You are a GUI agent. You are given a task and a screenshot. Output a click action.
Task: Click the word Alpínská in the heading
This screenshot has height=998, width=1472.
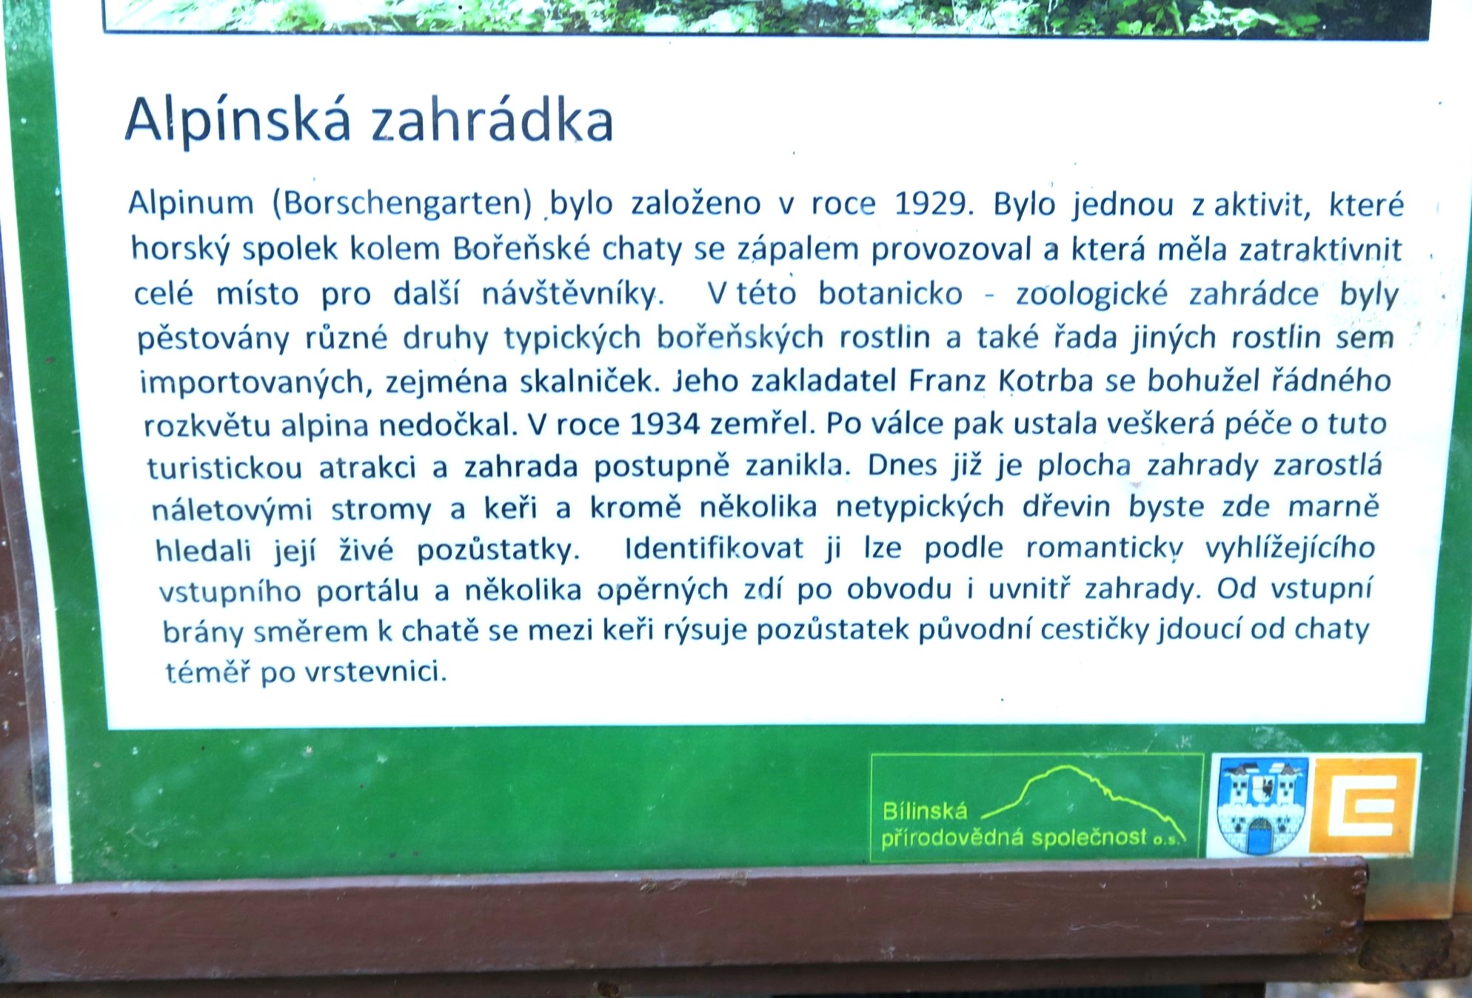(238, 120)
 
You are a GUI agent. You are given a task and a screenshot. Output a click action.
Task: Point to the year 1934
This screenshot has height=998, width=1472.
(664, 424)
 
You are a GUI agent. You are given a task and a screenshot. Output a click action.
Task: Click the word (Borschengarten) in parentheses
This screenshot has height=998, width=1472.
(403, 203)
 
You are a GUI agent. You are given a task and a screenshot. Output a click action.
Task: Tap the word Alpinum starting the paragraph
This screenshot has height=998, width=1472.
(191, 204)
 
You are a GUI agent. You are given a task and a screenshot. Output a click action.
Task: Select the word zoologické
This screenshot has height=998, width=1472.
(1091, 294)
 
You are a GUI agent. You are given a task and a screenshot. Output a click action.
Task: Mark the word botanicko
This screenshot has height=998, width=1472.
(890, 294)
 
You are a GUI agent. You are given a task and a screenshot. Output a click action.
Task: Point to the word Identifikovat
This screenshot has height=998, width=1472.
(714, 549)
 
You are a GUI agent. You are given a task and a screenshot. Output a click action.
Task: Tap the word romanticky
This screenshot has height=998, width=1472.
(1104, 549)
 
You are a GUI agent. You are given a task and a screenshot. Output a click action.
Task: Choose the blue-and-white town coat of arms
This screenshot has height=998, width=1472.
(1262, 806)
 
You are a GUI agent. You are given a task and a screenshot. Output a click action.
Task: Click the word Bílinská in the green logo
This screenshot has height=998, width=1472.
(925, 811)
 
